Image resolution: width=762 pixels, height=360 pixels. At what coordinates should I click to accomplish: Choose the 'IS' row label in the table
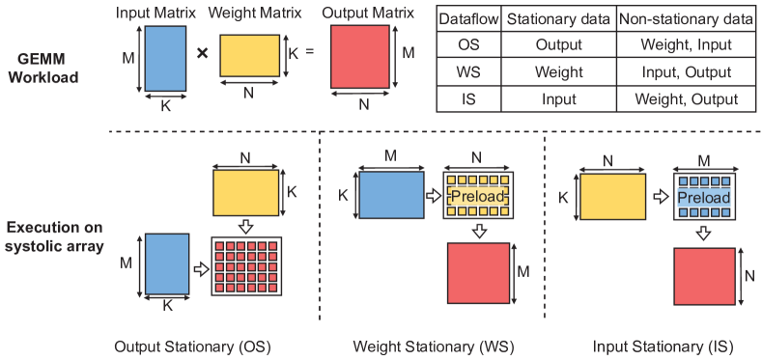coord(466,99)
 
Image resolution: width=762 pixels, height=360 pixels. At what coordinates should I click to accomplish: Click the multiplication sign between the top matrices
coord(202,52)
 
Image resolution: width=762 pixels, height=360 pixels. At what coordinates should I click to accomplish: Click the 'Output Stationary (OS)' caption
coord(191,346)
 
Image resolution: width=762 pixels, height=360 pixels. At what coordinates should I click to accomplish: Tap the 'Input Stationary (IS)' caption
coord(656,346)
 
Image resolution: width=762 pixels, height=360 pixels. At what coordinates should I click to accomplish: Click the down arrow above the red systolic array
coord(245,227)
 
